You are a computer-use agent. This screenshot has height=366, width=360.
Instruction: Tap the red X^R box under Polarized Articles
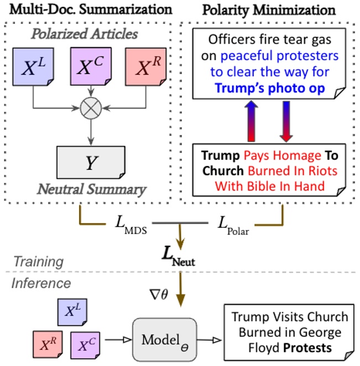[x=144, y=67]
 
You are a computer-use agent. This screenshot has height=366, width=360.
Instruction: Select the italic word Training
[x=39, y=261]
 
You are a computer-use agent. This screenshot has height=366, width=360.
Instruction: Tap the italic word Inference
[x=42, y=283]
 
